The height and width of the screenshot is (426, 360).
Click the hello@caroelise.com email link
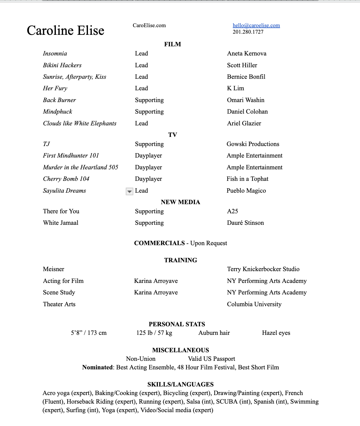click(x=256, y=25)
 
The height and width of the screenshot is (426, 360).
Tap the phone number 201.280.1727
click(x=248, y=32)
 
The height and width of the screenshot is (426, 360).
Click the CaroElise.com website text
click(x=149, y=25)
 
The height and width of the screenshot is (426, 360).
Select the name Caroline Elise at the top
click(x=66, y=31)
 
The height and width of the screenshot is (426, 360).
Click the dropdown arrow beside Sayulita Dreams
click(x=129, y=191)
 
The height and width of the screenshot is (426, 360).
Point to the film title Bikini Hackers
click(x=62, y=65)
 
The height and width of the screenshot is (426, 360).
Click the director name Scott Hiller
click(x=242, y=65)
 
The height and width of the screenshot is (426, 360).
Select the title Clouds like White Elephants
click(x=80, y=123)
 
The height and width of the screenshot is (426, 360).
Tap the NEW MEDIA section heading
click(x=180, y=202)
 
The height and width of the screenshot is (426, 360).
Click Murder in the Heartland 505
click(x=81, y=167)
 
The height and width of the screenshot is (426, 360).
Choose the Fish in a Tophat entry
click(x=247, y=179)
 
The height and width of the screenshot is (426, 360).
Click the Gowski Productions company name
click(x=253, y=144)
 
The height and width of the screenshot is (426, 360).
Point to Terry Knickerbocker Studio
click(x=263, y=269)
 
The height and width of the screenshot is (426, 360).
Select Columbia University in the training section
click(x=254, y=304)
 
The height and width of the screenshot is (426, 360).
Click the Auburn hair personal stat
click(x=214, y=333)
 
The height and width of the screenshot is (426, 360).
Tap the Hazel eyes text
click(x=276, y=333)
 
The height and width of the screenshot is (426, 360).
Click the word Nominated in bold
click(x=97, y=367)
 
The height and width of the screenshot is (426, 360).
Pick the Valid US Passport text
click(x=212, y=359)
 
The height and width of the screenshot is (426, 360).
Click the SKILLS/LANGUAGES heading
click(x=180, y=384)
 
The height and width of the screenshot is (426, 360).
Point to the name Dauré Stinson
click(x=245, y=223)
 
